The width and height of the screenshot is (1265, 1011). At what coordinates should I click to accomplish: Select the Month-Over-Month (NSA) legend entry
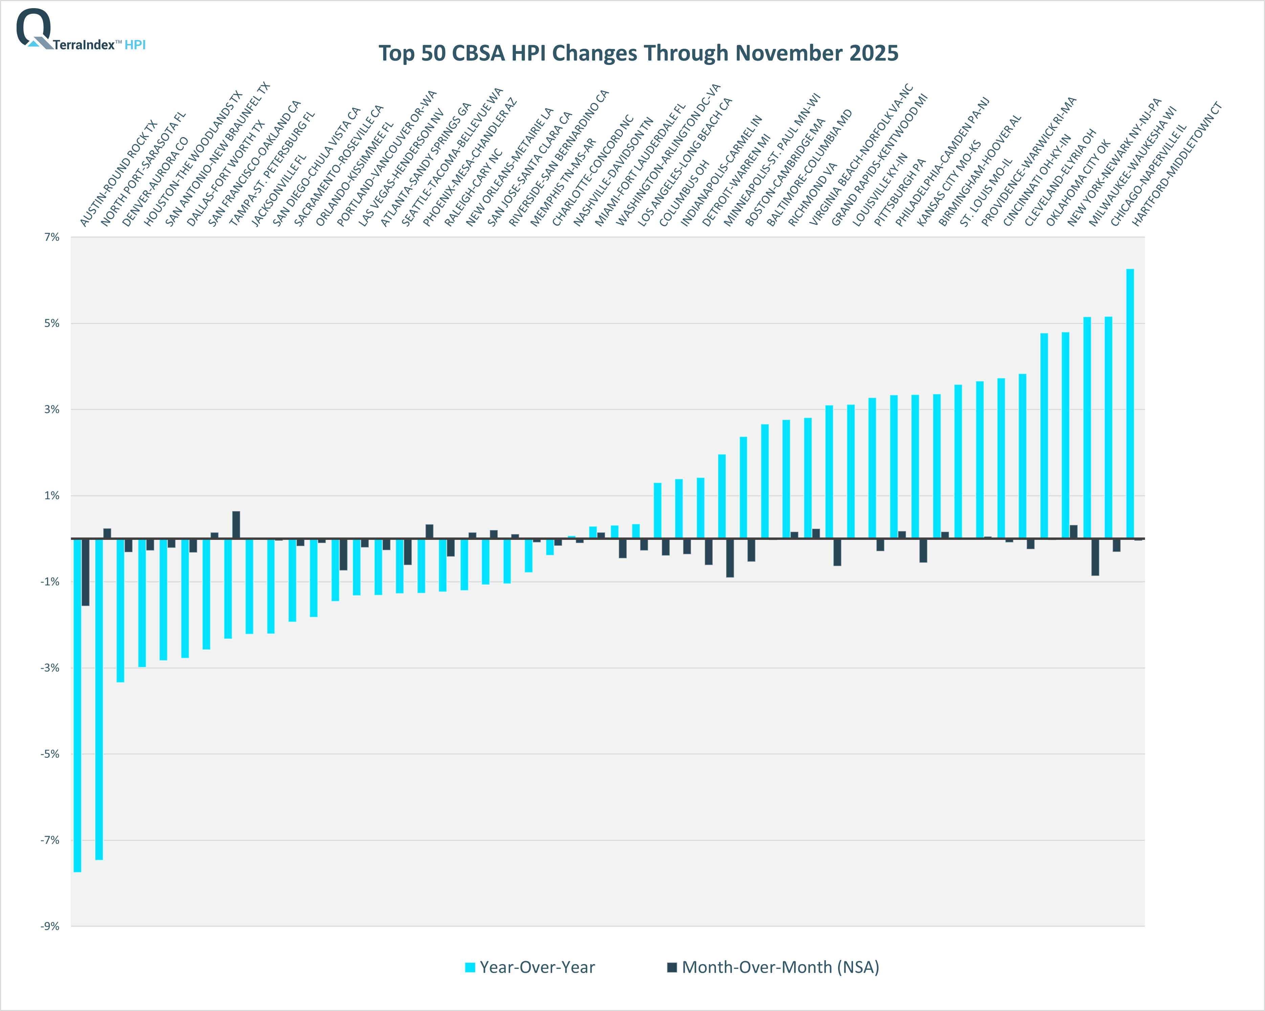tap(773, 967)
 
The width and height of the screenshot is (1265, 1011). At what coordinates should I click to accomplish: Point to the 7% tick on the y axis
tap(52, 237)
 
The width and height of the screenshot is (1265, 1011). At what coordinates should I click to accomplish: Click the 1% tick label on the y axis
tap(52, 496)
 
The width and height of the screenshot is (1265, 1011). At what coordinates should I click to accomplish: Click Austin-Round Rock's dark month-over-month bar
tap(86, 572)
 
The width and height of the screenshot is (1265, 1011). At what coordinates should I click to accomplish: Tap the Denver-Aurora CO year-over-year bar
tap(120, 610)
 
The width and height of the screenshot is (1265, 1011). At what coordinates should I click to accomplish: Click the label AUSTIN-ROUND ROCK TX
tap(118, 174)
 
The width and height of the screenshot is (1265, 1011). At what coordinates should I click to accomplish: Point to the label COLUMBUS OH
tap(683, 194)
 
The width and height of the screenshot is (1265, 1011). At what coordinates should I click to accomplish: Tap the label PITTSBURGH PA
tap(899, 193)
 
